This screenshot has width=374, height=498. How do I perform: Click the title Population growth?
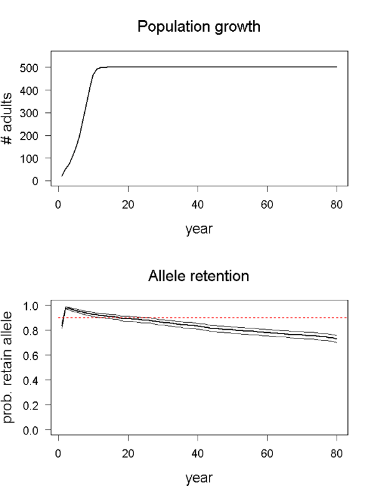[199, 27]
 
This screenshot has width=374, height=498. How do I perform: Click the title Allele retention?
[199, 276]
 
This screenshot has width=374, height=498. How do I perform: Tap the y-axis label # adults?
[9, 124]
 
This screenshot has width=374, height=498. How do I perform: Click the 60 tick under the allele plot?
[267, 453]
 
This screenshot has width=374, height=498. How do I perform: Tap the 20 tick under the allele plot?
[128, 453]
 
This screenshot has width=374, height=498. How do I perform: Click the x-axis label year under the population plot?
[199, 229]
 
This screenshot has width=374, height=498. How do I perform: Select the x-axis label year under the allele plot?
[199, 478]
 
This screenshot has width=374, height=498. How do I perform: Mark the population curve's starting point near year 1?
[62, 176]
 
